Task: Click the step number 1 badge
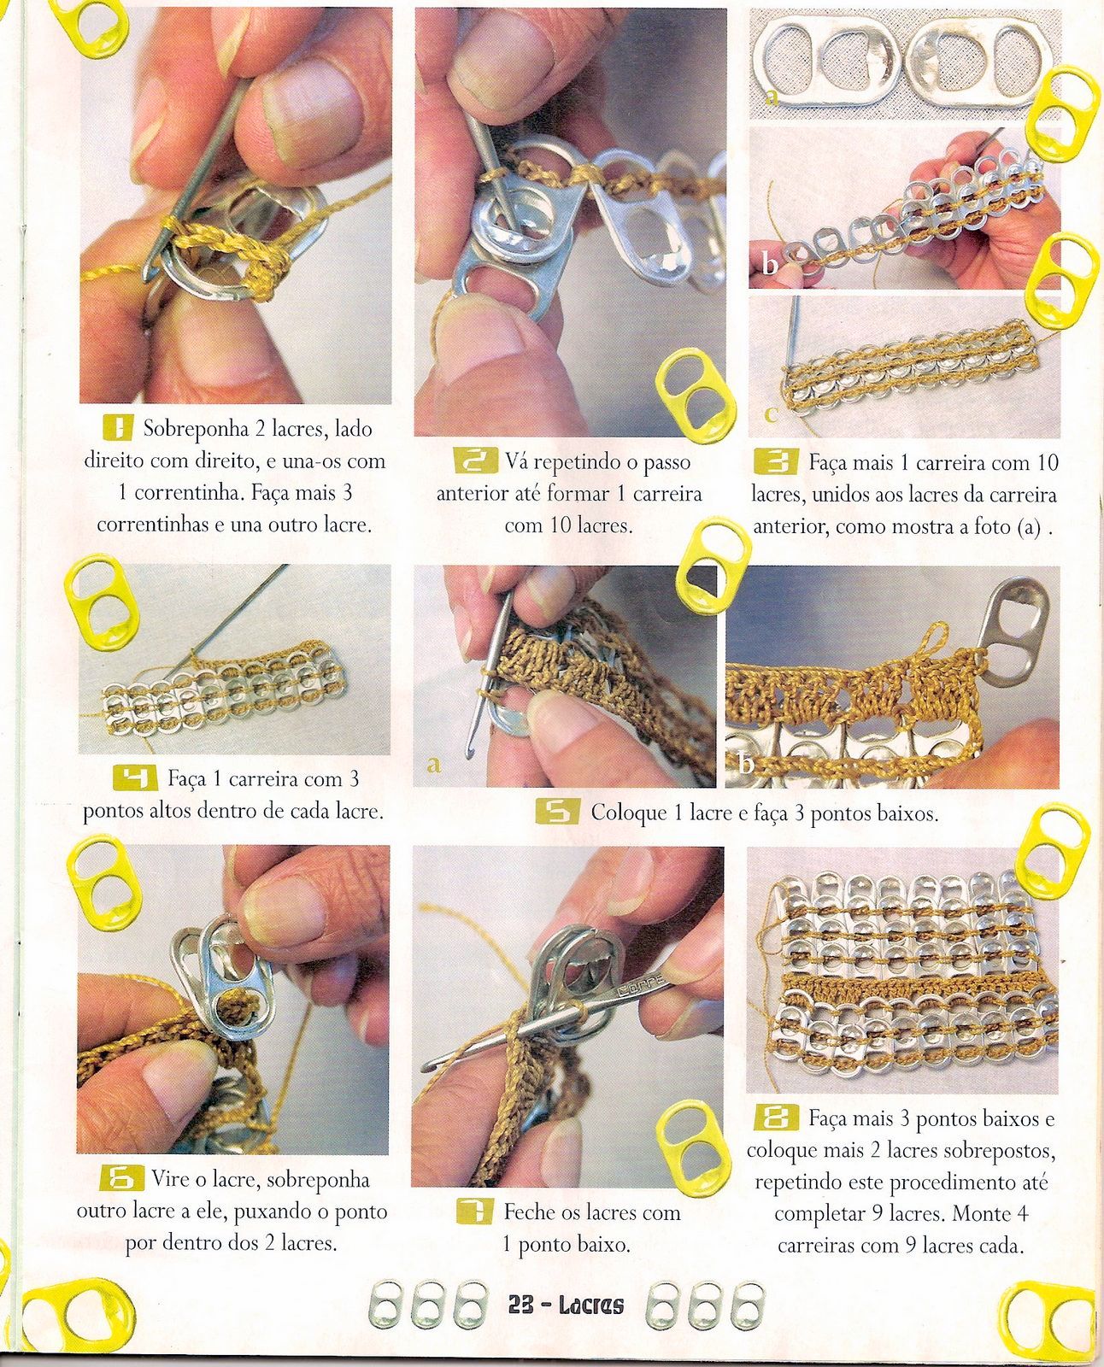[x=118, y=428]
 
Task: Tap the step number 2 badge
[x=476, y=461]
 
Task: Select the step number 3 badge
[x=775, y=462]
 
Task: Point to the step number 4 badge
[x=135, y=778]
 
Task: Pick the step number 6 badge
[x=121, y=1179]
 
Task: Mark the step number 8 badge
[x=776, y=1118]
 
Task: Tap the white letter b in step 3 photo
[x=770, y=264]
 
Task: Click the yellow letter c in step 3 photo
[x=771, y=414]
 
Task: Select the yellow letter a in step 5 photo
[x=434, y=765]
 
